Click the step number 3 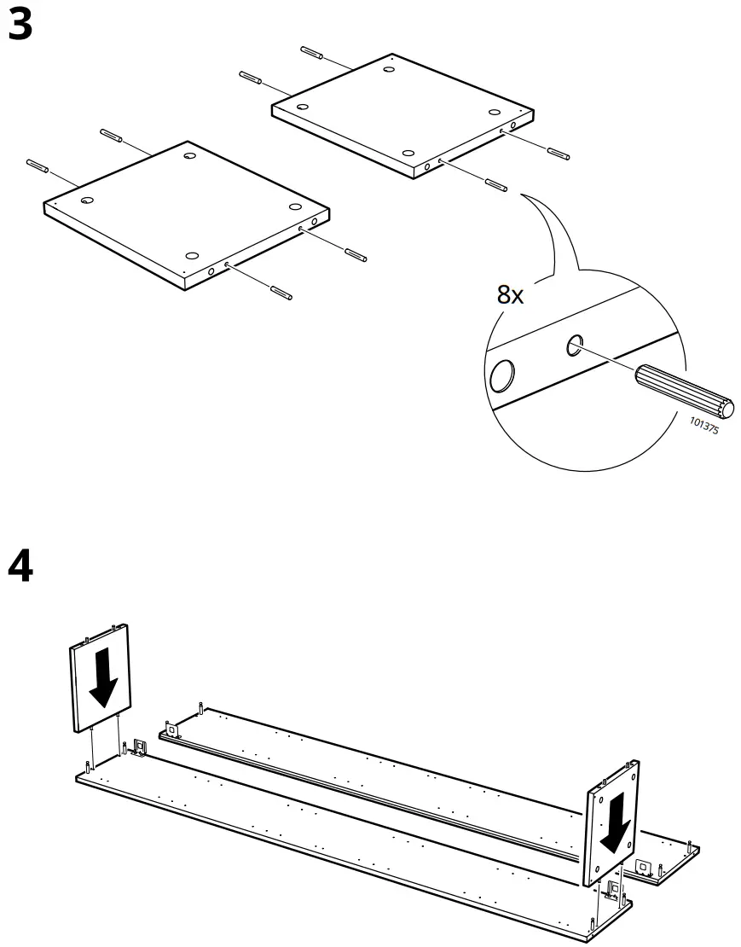click(20, 25)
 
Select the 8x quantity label click(510, 295)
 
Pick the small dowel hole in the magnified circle click(575, 345)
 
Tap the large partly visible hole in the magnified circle click(502, 375)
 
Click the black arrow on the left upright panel click(104, 677)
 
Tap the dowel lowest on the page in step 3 click(281, 293)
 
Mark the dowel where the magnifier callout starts click(495, 184)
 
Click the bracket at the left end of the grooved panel click(171, 729)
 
